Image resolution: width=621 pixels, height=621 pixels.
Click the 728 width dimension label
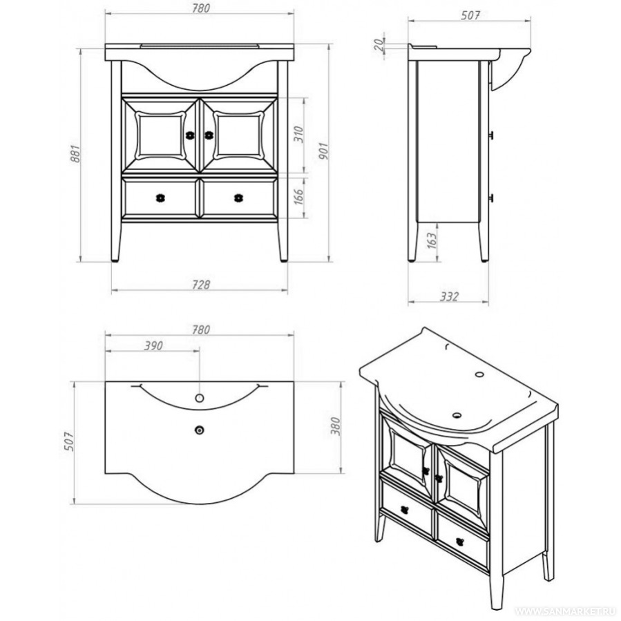click(x=201, y=284)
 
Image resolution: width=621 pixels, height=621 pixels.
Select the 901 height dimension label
click(x=323, y=151)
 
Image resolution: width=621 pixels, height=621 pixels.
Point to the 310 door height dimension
click(x=298, y=135)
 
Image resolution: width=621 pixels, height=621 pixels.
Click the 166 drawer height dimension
click(x=298, y=198)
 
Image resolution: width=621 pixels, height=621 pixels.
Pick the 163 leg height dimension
click(x=432, y=240)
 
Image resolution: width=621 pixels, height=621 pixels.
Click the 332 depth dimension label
click(x=450, y=296)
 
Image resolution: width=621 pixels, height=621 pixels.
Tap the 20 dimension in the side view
click(x=379, y=45)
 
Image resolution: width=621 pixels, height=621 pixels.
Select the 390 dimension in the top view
click(x=153, y=346)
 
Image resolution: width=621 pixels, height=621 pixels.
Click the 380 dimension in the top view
click(x=336, y=426)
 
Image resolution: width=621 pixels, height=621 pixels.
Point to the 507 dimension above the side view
click(x=470, y=15)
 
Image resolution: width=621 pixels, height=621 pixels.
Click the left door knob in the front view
click(x=190, y=135)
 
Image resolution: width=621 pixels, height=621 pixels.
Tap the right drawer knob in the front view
click(x=238, y=198)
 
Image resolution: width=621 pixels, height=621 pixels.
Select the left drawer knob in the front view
click(x=160, y=198)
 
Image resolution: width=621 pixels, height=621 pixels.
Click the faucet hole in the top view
click(x=199, y=398)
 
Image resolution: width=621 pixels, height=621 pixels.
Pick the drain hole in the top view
click(x=199, y=430)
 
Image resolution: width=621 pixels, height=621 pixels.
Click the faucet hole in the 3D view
click(x=479, y=374)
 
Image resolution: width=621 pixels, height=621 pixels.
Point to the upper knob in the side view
click(x=492, y=135)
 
